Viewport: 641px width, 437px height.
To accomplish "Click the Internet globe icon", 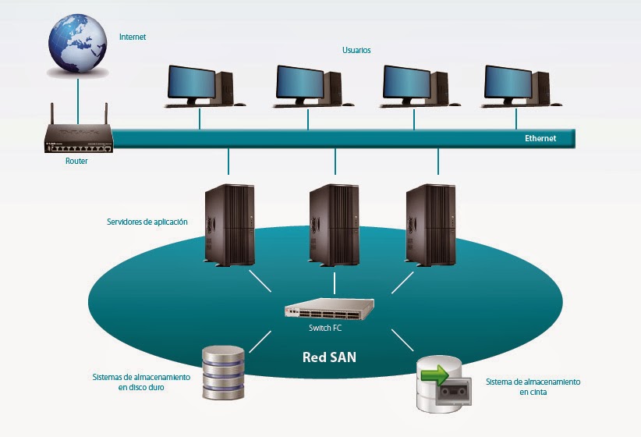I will [78, 42].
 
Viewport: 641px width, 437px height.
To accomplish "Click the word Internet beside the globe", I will [132, 37].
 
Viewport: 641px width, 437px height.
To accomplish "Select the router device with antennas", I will [78, 139].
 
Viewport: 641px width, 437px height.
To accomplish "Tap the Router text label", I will [76, 161].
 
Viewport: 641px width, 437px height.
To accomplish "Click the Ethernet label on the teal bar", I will [540, 138].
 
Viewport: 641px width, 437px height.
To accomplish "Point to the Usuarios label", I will [356, 50].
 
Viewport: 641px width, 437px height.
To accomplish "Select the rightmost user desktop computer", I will [515, 86].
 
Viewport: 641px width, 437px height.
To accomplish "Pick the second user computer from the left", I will [308, 86].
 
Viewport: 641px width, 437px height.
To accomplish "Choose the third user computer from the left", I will [414, 86].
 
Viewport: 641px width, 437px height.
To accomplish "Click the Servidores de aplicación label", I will [147, 222].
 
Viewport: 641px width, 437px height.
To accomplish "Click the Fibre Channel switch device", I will [329, 310].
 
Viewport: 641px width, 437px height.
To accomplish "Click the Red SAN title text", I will [329, 358].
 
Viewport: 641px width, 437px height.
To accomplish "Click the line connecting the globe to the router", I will [78, 98].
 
